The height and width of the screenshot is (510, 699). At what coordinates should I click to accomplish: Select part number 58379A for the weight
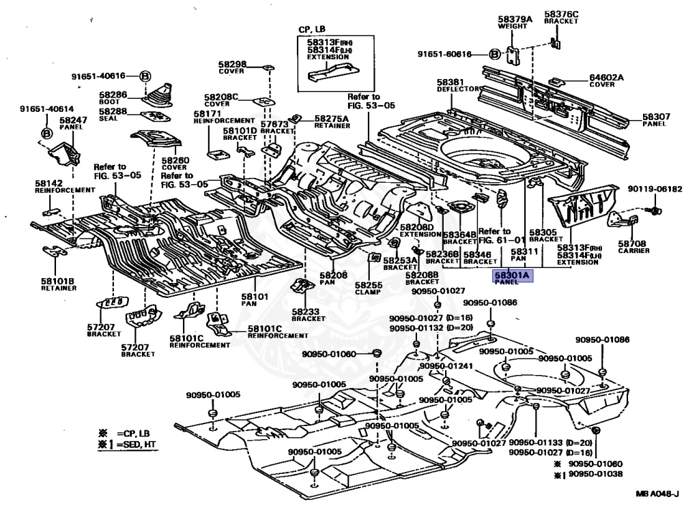tap(514, 19)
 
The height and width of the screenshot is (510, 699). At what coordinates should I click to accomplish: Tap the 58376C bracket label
tap(561, 14)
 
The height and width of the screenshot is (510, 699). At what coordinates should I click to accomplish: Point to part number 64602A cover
tap(606, 78)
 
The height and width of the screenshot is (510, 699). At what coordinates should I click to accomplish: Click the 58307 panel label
tap(656, 117)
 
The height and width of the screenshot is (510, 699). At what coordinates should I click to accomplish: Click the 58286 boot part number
tap(113, 95)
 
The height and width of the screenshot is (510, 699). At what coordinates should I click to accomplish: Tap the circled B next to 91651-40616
tap(145, 76)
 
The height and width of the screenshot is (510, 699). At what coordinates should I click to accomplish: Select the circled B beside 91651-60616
tap(495, 54)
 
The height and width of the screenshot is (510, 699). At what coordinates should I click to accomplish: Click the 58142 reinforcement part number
tap(49, 183)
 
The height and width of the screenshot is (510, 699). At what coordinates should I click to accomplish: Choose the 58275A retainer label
tap(331, 119)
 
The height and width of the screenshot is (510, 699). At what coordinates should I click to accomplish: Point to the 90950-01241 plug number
tap(446, 366)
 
